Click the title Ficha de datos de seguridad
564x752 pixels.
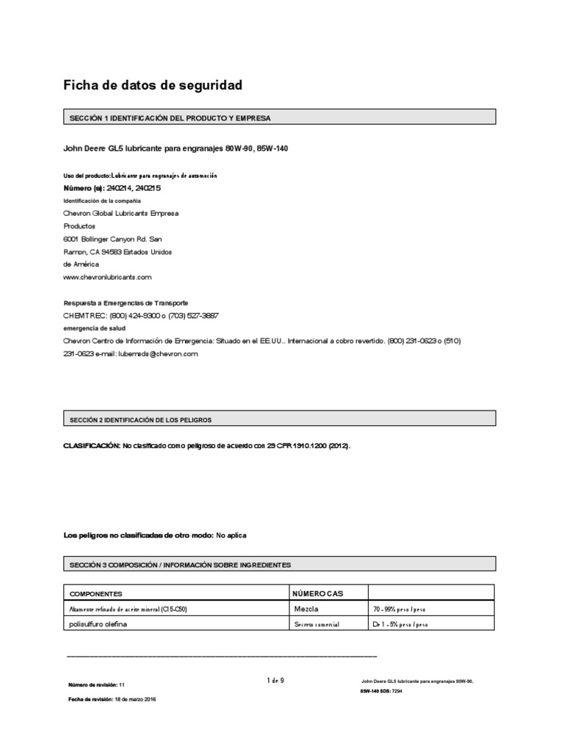click(153, 86)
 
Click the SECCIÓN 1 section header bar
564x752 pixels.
click(280, 117)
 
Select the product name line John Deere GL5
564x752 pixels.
click(176, 148)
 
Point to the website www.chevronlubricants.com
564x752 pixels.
click(107, 277)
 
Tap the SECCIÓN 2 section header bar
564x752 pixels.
click(280, 419)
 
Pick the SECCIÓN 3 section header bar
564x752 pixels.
click(280, 564)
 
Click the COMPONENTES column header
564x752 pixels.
click(95, 593)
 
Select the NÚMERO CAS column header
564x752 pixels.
click(318, 593)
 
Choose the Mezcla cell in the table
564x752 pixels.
click(306, 609)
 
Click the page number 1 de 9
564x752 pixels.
click(275, 681)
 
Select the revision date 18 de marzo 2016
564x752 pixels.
click(133, 699)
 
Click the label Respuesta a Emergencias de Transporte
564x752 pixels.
click(126, 303)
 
